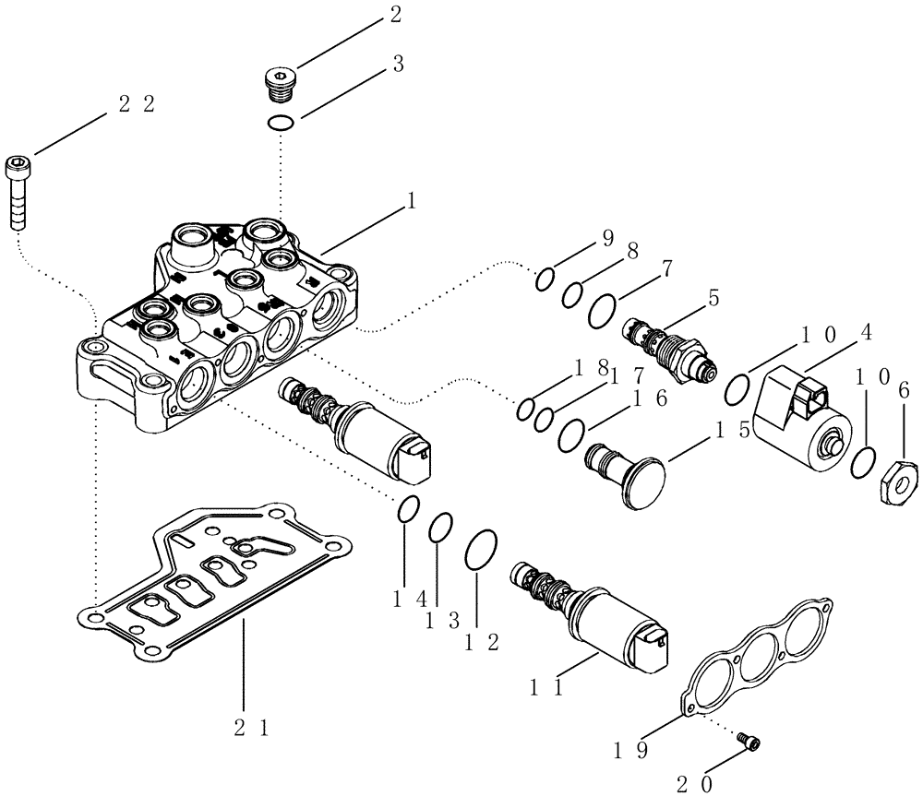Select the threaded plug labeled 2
tap(277, 84)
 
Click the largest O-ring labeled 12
tap(482, 551)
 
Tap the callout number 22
tap(137, 104)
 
